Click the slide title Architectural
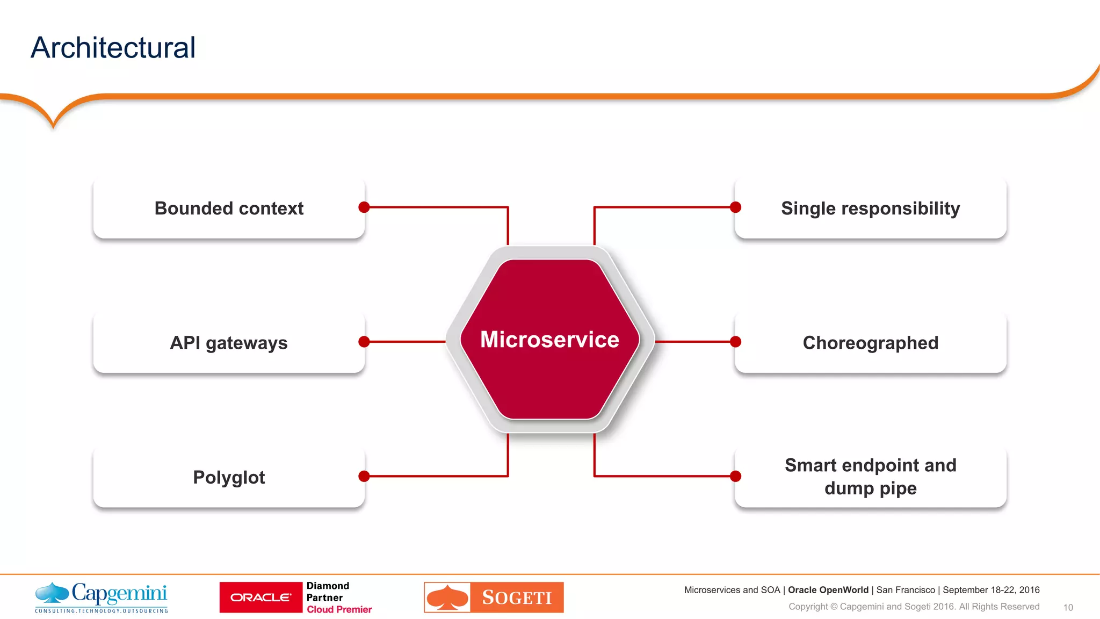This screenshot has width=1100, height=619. point(113,48)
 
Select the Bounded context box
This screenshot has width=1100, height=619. point(229,208)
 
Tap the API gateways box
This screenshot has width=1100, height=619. point(229,343)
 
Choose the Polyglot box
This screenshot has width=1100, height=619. point(229,477)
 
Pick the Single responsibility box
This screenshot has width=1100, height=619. point(870,208)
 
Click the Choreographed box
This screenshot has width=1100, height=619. point(870,343)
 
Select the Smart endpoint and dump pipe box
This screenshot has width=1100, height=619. point(870,477)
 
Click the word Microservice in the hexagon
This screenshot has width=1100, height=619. point(549,340)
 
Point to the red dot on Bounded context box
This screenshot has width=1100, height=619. point(364,207)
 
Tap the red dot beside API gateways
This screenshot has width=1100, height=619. point(364,342)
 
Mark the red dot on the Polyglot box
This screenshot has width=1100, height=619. point(364,476)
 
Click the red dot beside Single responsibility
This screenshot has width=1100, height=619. point(736,207)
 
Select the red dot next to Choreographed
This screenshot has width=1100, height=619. point(736,342)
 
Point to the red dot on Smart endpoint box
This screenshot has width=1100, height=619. point(736,476)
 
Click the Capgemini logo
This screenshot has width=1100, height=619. point(102,597)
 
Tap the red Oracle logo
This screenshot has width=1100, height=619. point(261,598)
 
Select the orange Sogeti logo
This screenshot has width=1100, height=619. point(494,598)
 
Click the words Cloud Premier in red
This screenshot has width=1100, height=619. point(339,609)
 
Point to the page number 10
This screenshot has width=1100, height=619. point(1068,608)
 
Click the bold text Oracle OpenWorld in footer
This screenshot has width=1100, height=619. point(828,590)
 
